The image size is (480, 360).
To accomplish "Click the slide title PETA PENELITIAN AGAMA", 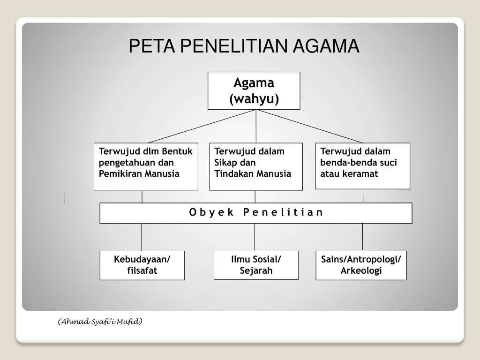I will [x=244, y=46].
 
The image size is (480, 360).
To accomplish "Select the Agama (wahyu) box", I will [x=254, y=90].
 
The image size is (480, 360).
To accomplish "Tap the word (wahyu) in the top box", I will [x=254, y=99].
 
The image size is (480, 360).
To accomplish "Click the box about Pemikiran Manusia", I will [x=146, y=166].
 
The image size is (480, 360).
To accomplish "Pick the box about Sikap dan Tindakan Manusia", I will [x=255, y=166].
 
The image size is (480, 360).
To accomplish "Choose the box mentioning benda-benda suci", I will [x=362, y=165].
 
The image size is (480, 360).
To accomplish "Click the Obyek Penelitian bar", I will [x=256, y=213].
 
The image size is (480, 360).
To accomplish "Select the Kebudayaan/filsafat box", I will [x=142, y=265].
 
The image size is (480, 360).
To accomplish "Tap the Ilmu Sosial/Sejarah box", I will [x=256, y=265].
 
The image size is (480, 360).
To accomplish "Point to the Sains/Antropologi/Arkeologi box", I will [x=361, y=265].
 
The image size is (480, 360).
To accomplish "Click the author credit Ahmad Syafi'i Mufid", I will [x=100, y=322].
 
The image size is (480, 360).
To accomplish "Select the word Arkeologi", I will [x=361, y=271].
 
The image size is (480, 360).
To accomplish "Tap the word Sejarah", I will [x=256, y=271].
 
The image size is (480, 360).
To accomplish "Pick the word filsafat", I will [x=142, y=271].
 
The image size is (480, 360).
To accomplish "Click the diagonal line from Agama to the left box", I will [x=202, y=126].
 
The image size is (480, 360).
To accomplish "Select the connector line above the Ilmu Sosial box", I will [x=255, y=237].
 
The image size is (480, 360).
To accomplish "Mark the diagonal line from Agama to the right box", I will [x=309, y=126].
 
